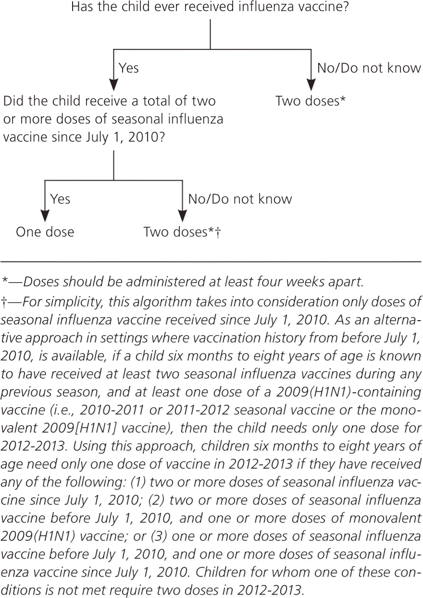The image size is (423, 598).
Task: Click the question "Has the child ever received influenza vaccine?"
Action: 210,8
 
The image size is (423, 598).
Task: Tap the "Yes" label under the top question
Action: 128,68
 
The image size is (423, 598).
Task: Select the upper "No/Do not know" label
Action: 369,68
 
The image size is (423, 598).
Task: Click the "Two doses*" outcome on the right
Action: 311,101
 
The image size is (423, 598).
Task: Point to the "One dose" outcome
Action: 45,232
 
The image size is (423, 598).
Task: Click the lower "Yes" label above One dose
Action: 60,199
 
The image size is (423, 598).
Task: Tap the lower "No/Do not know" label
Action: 240,199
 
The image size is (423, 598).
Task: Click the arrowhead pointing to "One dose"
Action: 45,215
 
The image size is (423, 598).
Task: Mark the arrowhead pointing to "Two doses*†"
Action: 182,215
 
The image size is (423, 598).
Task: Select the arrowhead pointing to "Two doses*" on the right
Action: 311,85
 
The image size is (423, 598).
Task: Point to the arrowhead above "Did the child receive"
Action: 113,85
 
